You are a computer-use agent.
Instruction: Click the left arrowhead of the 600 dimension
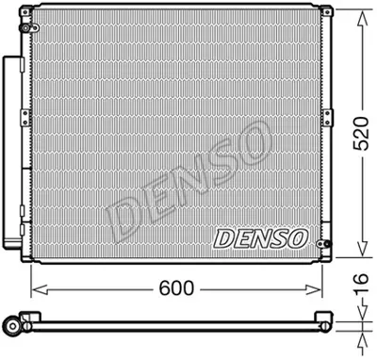pos(36,285)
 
